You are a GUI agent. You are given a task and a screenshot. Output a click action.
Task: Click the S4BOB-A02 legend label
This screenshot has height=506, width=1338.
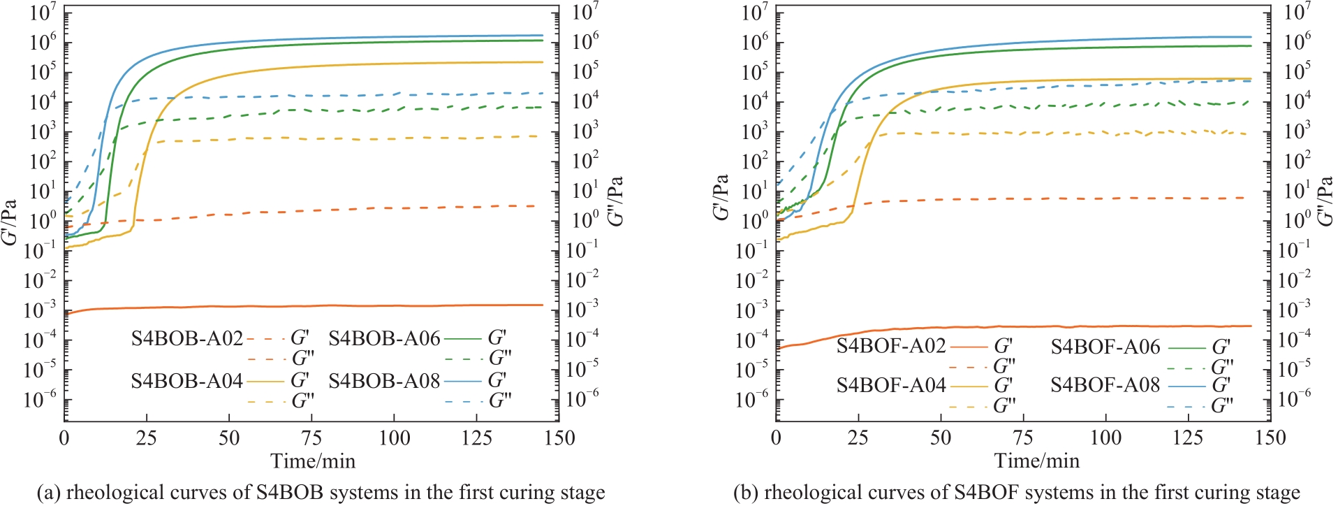click(186, 339)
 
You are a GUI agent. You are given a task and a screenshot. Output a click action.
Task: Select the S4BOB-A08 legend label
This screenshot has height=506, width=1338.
click(384, 381)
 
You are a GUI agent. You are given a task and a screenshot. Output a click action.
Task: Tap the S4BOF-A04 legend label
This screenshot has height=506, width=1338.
click(891, 385)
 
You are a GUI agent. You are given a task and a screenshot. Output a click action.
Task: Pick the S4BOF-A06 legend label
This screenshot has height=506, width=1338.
click(1105, 347)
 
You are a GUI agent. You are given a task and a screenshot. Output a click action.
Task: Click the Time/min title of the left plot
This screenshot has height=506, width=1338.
click(313, 461)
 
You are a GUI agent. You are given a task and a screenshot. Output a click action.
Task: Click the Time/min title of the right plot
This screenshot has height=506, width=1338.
click(1037, 461)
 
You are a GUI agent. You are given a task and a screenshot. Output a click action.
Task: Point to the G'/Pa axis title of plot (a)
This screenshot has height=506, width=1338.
click(10, 222)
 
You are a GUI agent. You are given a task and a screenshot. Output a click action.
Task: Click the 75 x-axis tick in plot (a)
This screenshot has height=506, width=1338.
click(311, 439)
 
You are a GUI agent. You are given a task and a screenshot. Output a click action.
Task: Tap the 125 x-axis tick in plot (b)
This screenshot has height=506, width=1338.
click(1188, 439)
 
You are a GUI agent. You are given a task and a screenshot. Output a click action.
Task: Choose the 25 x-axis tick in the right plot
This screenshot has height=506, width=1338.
click(858, 439)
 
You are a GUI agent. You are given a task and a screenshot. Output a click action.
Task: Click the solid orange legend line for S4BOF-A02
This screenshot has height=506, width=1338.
click(969, 347)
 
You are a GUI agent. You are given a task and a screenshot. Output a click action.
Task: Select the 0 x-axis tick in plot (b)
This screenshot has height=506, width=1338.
click(776, 439)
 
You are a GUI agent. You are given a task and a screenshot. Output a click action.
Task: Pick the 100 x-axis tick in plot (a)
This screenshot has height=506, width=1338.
click(394, 439)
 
